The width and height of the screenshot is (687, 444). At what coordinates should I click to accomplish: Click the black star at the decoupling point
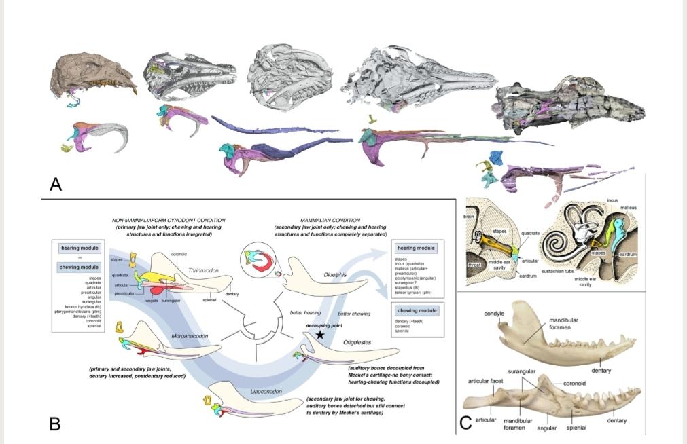(319, 335)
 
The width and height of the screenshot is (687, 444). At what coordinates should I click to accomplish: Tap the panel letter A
(56, 183)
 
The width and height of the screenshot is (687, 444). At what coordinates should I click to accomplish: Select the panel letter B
(55, 424)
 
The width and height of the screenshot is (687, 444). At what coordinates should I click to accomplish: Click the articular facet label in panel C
(487, 382)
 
